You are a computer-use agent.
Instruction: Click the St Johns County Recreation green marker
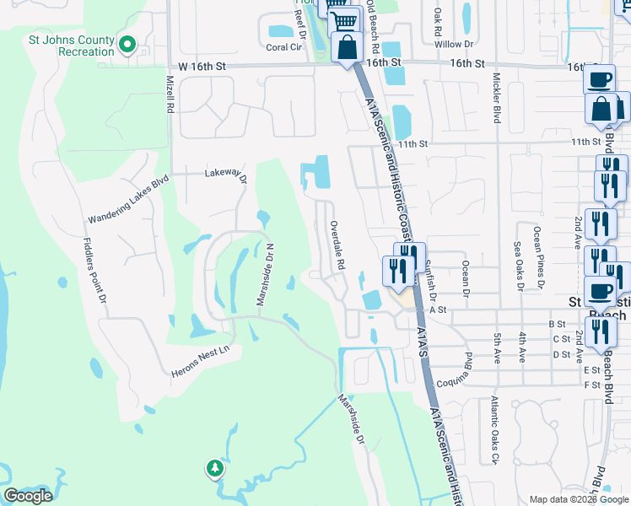pyautogui.click(x=127, y=44)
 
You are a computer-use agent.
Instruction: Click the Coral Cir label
pyautogui.click(x=284, y=47)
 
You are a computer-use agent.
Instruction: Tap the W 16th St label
pyautogui.click(x=202, y=67)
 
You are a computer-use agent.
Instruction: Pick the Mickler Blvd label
pyautogui.click(x=496, y=97)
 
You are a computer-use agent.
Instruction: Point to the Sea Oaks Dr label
pyautogui.click(x=518, y=265)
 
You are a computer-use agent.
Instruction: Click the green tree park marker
pyautogui.click(x=215, y=468)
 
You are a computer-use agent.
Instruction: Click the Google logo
pyautogui.click(x=28, y=496)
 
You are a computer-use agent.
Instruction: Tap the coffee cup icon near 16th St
pyautogui.click(x=600, y=79)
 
